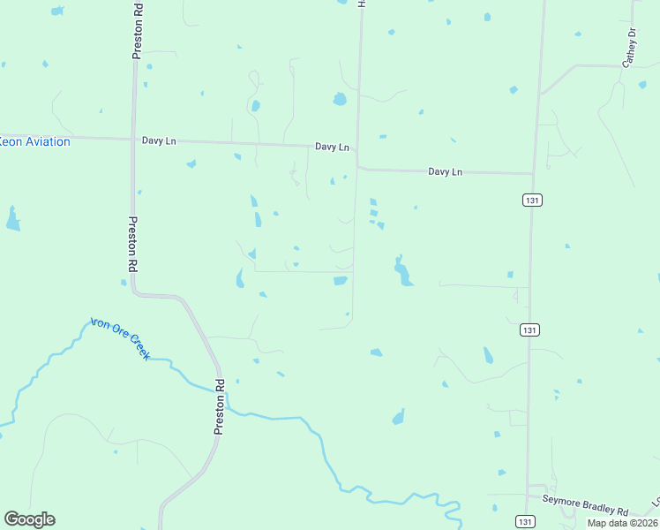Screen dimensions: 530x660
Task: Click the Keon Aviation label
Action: [34, 141]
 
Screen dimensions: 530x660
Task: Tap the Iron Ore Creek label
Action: [120, 338]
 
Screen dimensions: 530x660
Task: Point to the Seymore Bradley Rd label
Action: [584, 511]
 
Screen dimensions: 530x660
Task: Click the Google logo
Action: [29, 519]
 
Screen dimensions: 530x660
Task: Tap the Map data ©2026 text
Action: [623, 523]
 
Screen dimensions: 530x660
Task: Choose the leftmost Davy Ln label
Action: [160, 140]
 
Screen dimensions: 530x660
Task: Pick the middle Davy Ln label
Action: [333, 147]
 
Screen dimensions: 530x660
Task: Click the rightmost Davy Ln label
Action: [446, 171]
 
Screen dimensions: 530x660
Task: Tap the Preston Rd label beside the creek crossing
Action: [220, 407]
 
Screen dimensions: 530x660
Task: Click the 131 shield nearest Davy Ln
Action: [531, 200]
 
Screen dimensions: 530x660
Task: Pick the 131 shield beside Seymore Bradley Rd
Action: [526, 521]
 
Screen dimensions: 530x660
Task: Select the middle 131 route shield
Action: [529, 329]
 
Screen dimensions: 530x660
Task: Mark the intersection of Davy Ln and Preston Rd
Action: [134, 139]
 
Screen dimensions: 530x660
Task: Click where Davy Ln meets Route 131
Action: [532, 173]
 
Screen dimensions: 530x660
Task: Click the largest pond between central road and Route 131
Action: [402, 271]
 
